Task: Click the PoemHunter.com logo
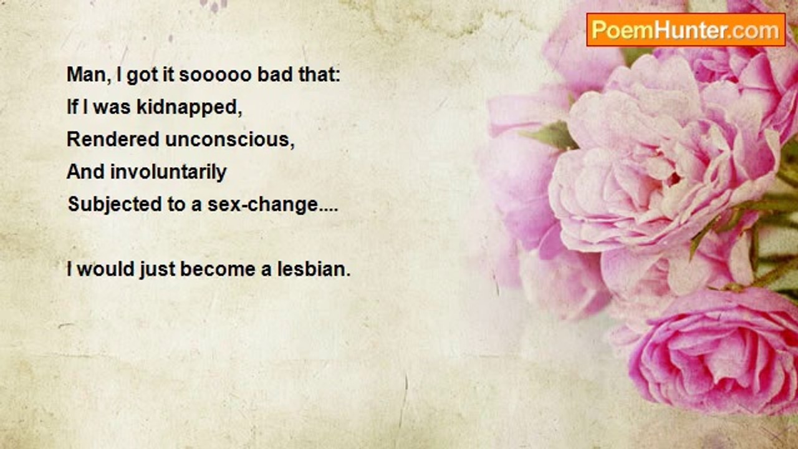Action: coord(686,30)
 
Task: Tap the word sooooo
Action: coord(216,75)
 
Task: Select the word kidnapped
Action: coord(189,108)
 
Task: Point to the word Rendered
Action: coord(113,139)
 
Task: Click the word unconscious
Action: coord(230,140)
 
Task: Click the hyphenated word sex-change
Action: coord(272,205)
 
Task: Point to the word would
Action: coord(106,269)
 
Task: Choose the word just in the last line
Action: coord(158,270)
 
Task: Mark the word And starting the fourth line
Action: coord(85,172)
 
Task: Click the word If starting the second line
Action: coord(73,107)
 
